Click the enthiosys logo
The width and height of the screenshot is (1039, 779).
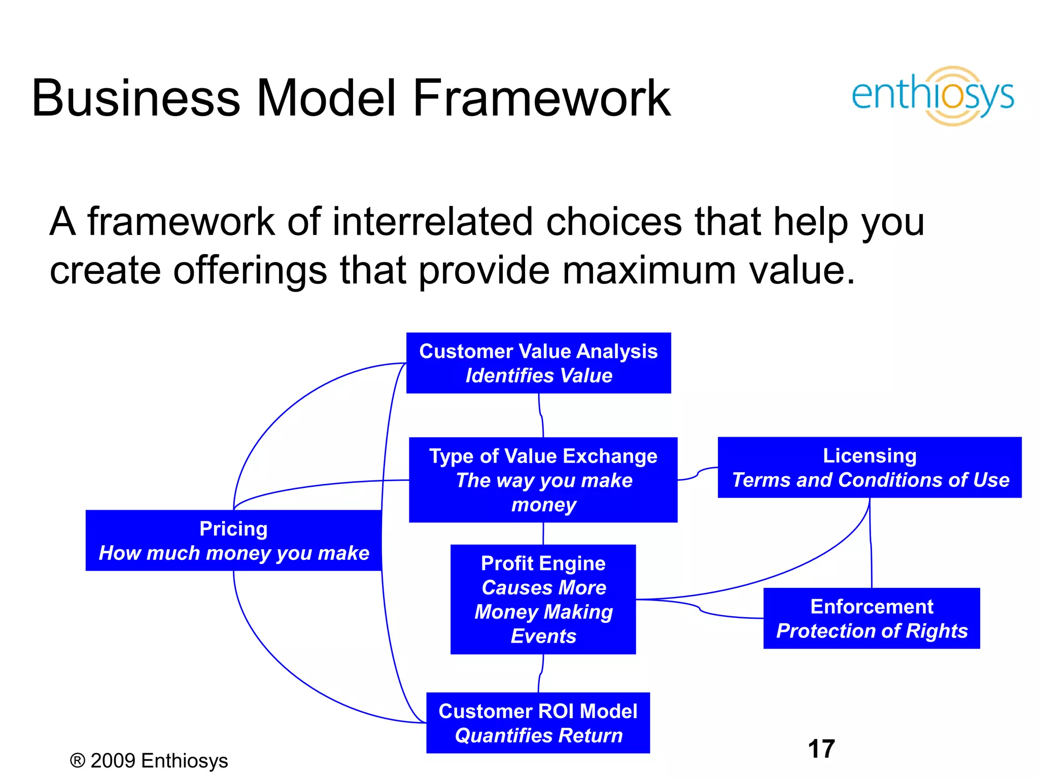click(x=932, y=95)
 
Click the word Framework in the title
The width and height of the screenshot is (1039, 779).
click(x=541, y=98)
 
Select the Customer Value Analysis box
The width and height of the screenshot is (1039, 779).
click(x=538, y=363)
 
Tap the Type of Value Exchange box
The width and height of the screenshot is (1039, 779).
click(x=543, y=480)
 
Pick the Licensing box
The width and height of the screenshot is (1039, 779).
click(x=869, y=467)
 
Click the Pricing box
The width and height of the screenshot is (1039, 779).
click(x=233, y=541)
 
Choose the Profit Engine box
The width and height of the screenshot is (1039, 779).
click(x=543, y=599)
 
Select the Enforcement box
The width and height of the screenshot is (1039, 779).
click(x=871, y=618)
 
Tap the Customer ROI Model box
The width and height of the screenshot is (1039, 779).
click(x=538, y=723)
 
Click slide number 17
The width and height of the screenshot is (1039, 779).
click(x=821, y=749)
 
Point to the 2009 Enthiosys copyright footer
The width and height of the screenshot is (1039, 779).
click(x=149, y=761)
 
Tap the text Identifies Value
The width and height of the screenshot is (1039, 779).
click(x=538, y=376)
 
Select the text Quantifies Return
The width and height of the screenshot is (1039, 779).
click(x=538, y=735)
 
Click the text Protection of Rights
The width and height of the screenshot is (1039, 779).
click(x=872, y=631)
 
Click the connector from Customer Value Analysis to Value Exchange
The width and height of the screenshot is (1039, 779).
click(x=541, y=415)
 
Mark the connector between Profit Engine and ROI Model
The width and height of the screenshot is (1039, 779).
click(x=541, y=674)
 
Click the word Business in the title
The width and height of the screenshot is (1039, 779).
click(x=135, y=98)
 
